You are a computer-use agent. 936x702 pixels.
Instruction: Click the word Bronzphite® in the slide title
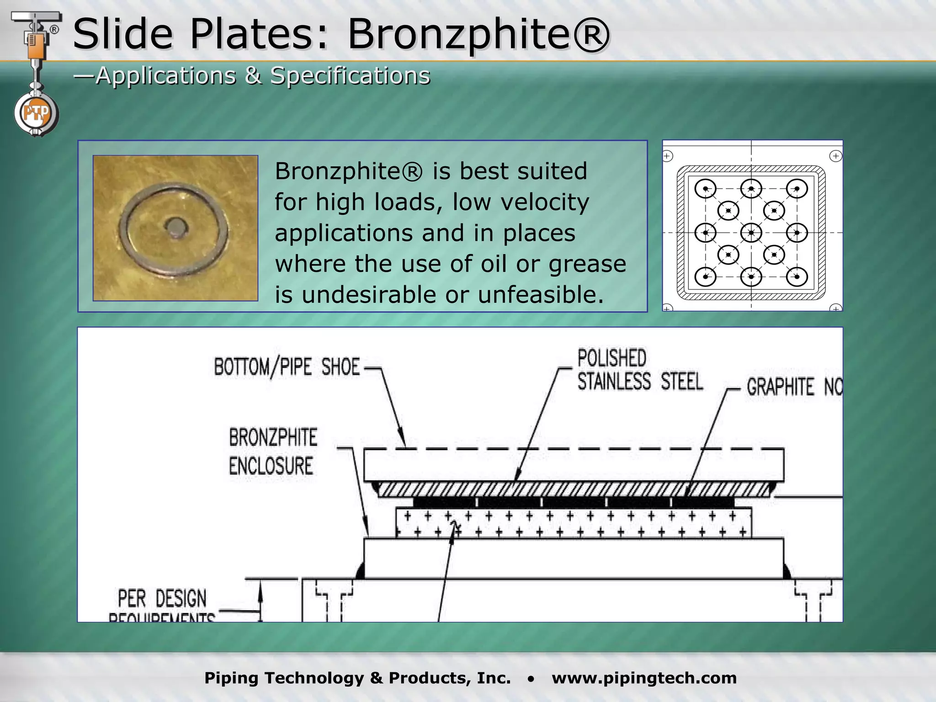pyautogui.click(x=478, y=35)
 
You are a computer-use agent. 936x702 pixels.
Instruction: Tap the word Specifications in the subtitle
pyautogui.click(x=350, y=75)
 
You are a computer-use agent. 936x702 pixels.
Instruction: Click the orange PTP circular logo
pyautogui.click(x=36, y=113)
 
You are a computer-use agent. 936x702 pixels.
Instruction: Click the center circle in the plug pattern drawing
pyautogui.click(x=751, y=233)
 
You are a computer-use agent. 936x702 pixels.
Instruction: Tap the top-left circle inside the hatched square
pyautogui.click(x=706, y=189)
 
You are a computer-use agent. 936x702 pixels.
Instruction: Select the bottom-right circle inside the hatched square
pyautogui.click(x=797, y=277)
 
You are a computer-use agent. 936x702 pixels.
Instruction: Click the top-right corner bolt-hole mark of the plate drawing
pyautogui.click(x=835, y=156)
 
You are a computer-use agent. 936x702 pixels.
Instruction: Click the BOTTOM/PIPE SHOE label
pyautogui.click(x=287, y=367)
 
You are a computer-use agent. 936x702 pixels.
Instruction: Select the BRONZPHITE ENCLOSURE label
pyautogui.click(x=272, y=452)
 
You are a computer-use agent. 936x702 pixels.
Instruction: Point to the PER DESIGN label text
pyautogui.click(x=162, y=598)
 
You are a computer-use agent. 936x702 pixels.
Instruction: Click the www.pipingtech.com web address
pyautogui.click(x=644, y=678)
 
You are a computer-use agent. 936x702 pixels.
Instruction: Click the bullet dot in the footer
pyautogui.click(x=531, y=679)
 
